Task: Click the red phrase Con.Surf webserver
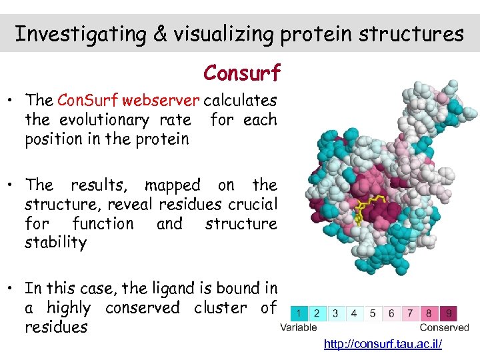click(128, 101)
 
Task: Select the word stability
click(55, 242)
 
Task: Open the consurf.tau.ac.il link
click(383, 344)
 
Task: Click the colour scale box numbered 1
click(299, 313)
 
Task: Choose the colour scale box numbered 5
click(372, 313)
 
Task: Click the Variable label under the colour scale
click(299, 327)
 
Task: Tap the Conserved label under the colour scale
click(444, 327)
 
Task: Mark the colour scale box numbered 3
click(335, 313)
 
